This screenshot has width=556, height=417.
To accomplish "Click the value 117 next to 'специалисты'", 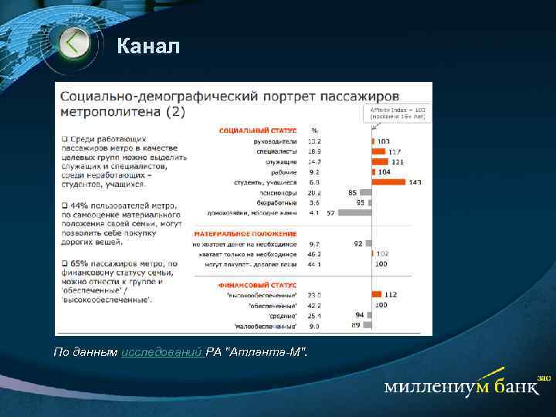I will pyautogui.click(x=395, y=152).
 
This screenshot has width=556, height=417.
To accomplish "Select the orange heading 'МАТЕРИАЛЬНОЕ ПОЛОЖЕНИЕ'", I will pyautogui.click(x=246, y=232).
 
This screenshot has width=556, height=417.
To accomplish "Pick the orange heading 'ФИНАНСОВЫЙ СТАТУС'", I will pyautogui.click(x=257, y=283).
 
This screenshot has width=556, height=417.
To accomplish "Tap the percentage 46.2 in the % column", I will pyautogui.click(x=314, y=253).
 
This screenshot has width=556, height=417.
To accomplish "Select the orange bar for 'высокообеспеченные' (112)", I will pyautogui.click(x=378, y=294).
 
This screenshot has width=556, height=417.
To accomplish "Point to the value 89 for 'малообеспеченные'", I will pyautogui.click(x=355, y=325).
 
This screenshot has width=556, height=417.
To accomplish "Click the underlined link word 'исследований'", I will pyautogui.click(x=162, y=352).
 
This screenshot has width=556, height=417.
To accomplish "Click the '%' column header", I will pyautogui.click(x=314, y=130).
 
